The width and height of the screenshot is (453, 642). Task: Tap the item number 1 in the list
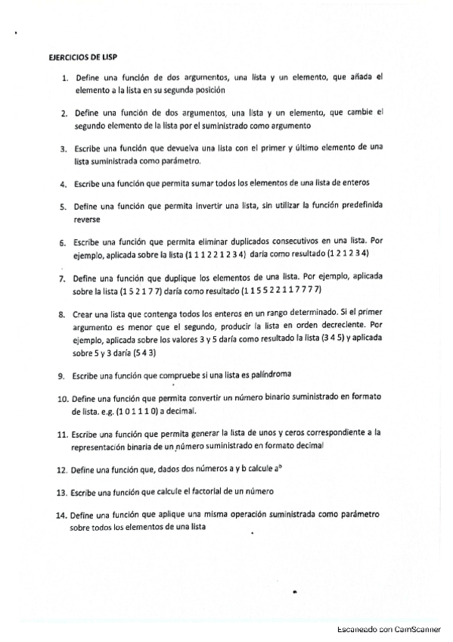(x=66, y=77)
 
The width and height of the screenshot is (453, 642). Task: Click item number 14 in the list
(x=62, y=515)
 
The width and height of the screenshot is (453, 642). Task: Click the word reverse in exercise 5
(x=87, y=219)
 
